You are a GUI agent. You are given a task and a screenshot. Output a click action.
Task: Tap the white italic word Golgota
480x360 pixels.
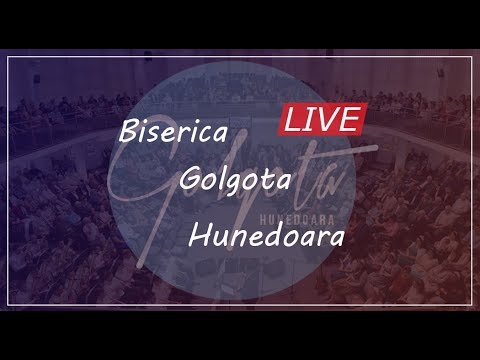tap(235, 181)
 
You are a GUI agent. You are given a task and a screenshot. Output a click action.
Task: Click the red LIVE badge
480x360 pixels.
tap(321, 119)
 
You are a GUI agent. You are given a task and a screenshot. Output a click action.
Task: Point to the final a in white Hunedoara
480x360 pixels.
tap(335, 240)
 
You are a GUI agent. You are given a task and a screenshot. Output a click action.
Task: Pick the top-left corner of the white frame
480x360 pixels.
tap(9, 58)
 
